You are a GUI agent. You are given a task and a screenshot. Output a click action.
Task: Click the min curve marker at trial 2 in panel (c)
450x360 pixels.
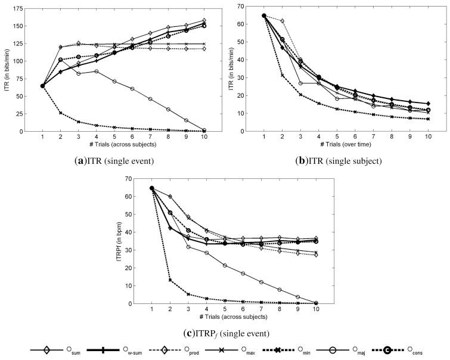170,280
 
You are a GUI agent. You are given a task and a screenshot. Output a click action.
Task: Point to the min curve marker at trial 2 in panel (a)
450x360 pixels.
61,113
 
